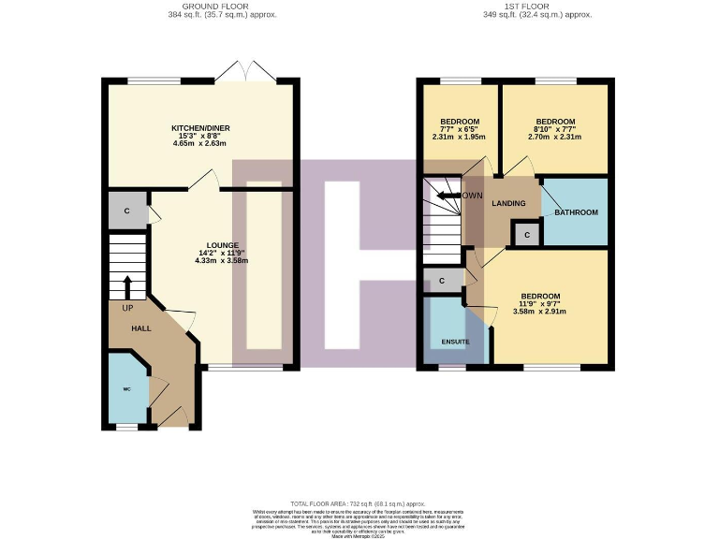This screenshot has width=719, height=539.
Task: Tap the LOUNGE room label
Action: (223, 245)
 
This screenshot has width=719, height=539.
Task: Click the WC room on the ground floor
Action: (126, 388)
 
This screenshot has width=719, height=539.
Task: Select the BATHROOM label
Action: (575, 212)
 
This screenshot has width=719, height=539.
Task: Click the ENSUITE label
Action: (455, 342)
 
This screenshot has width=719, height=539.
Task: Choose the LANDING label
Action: (509, 203)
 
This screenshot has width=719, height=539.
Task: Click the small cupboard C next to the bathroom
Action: (528, 234)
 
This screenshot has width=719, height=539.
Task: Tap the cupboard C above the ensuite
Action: (442, 280)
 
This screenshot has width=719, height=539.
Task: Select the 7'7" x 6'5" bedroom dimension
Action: (460, 129)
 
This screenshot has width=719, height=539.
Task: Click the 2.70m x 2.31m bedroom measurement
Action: (554, 137)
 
